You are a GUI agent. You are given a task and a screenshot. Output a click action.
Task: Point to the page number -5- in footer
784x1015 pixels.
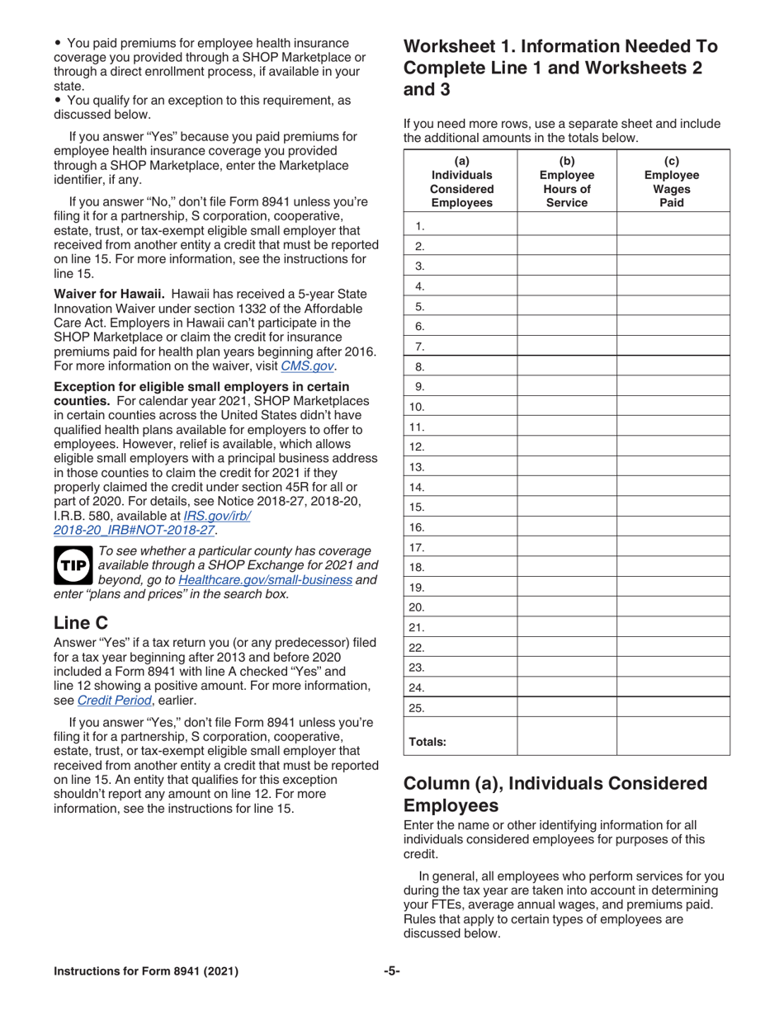(392, 971)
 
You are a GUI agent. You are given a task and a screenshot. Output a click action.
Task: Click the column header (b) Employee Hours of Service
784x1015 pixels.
(567, 182)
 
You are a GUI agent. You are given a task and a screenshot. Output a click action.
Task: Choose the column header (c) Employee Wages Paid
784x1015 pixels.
(672, 182)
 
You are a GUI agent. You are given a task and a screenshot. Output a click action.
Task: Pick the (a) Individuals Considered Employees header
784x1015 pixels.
(461, 182)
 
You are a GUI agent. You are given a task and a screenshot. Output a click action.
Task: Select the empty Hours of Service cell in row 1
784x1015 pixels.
(567, 225)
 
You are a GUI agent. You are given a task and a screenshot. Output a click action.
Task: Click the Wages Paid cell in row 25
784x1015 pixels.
(673, 707)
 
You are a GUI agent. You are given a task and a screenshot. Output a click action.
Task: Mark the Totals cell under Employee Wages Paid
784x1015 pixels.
(673, 736)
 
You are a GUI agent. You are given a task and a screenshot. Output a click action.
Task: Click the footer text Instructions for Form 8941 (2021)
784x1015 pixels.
(146, 971)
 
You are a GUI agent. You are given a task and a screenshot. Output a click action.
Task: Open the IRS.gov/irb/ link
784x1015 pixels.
(216, 516)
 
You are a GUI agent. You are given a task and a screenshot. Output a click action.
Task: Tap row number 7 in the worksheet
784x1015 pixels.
(419, 346)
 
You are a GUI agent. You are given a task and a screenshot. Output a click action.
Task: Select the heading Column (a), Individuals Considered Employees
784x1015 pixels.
(555, 794)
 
